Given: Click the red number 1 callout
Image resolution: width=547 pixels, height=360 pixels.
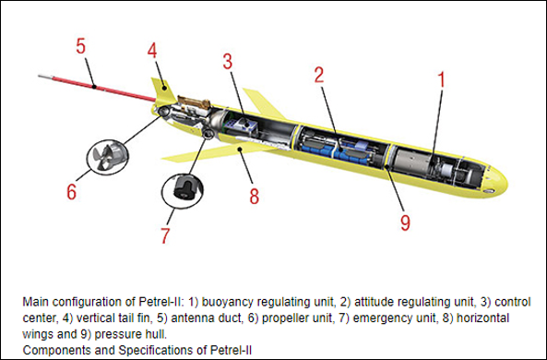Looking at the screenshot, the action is pos(441,79).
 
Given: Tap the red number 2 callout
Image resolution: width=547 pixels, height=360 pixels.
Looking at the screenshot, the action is pos(319,75).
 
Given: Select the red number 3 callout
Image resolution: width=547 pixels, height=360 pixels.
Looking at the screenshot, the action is pos(228,62).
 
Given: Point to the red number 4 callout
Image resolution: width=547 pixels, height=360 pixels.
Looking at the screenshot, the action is pos(152,50).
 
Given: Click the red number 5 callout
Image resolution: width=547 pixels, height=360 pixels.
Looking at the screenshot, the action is pos(80,46).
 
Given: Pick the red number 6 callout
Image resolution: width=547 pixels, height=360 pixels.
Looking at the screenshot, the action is pos(72,192).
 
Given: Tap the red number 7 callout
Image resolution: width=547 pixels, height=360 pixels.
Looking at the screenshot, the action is pos(165,235).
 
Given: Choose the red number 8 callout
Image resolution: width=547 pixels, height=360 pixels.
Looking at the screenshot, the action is pos(255,196).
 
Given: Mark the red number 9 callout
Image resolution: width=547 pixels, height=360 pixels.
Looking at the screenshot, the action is pos(405,222).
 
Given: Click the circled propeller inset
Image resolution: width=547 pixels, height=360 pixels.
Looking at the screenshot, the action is pos(107,158).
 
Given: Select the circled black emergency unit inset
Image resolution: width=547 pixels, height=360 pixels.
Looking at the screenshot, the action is pos(182,191).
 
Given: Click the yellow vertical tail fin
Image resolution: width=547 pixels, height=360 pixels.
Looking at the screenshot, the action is pos(162,91).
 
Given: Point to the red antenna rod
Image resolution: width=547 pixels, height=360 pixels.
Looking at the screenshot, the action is pos(103,89).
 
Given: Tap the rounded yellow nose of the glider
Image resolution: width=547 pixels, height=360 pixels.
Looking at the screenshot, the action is pos(497,181).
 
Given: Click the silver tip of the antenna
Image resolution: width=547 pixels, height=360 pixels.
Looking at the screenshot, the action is pos(45,76).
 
